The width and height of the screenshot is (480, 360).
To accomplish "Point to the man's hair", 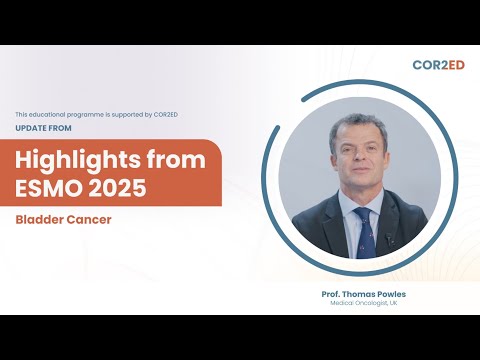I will [x=355, y=125].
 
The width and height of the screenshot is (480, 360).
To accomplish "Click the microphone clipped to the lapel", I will [x=388, y=240].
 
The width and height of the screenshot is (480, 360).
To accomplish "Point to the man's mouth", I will [x=358, y=181].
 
